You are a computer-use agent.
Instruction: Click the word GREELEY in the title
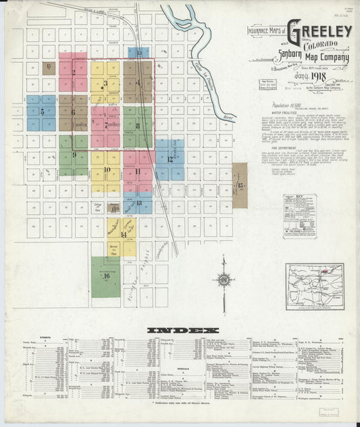(x=320, y=31)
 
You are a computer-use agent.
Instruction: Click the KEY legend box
(x=300, y=215)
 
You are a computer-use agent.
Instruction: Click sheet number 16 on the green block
(x=106, y=276)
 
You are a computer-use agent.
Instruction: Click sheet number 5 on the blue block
(x=42, y=111)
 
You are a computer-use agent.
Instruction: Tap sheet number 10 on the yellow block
(x=106, y=170)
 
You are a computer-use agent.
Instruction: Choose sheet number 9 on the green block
(x=73, y=155)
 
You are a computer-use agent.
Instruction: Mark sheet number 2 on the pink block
(x=73, y=72)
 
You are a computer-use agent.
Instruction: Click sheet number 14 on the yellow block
(x=122, y=234)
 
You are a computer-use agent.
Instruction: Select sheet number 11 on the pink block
(x=137, y=171)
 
